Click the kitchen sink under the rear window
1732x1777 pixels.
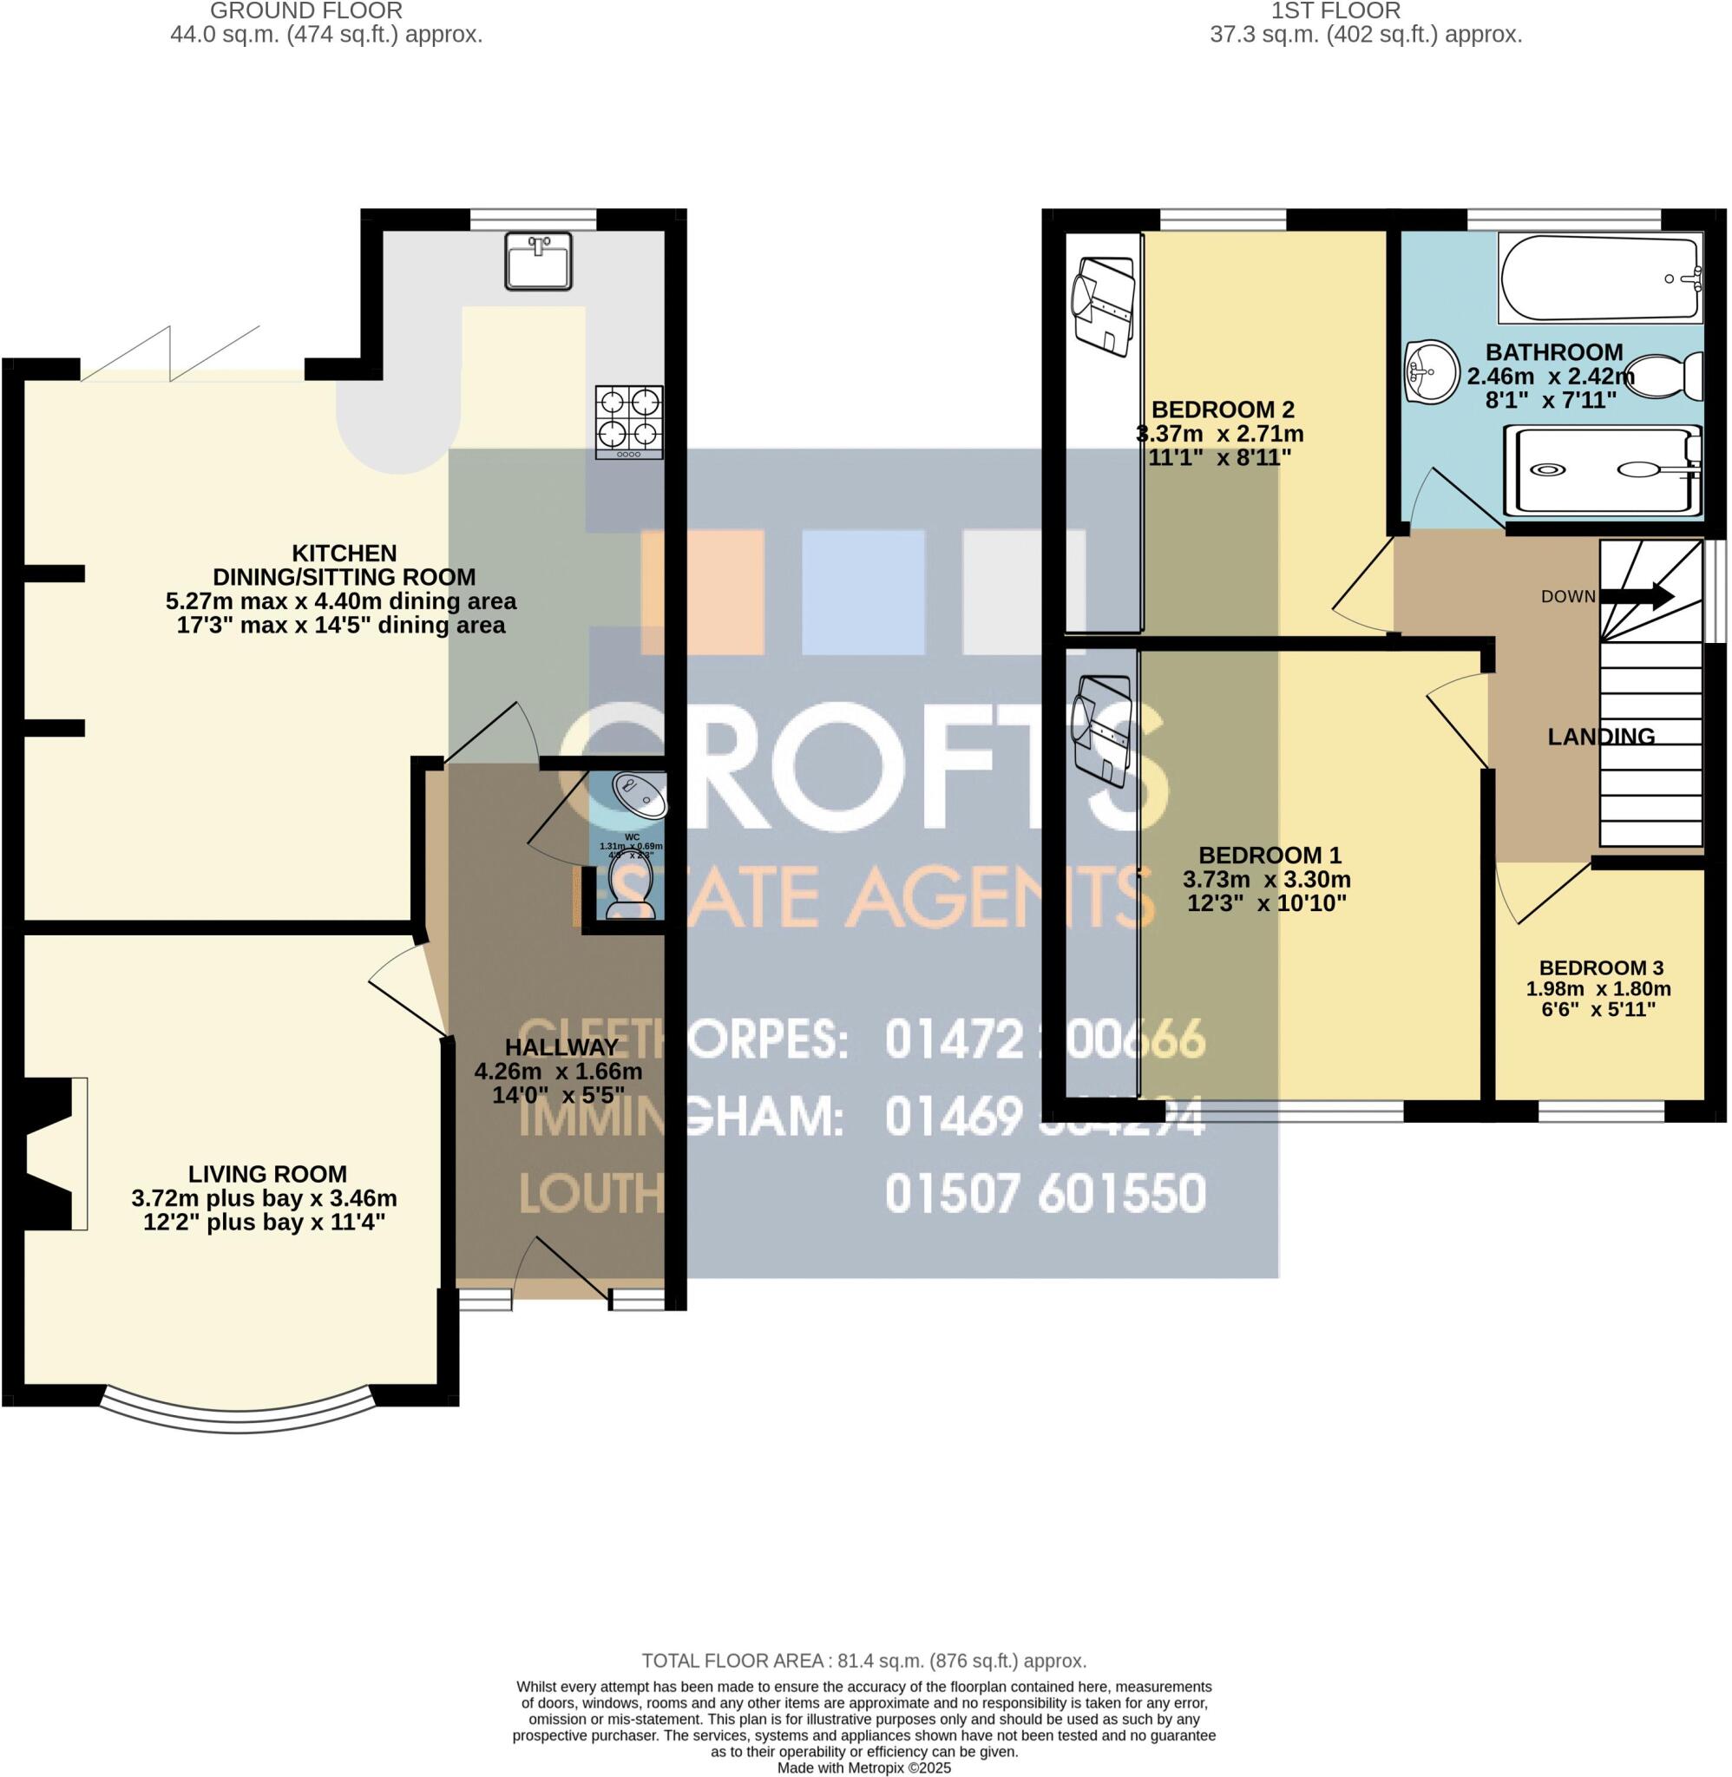pyautogui.click(x=538, y=261)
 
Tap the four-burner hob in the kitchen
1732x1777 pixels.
pyautogui.click(x=628, y=422)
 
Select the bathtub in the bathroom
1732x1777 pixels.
pyautogui.click(x=1598, y=279)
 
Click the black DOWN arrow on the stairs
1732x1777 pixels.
pyautogui.click(x=1637, y=597)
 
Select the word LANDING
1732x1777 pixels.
pyautogui.click(x=1601, y=737)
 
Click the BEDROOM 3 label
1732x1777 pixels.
pyautogui.click(x=1601, y=967)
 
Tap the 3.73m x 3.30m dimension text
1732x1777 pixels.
pyautogui.click(x=1266, y=880)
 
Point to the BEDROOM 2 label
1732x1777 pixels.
pyautogui.click(x=1222, y=410)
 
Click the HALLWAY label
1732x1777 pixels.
pyautogui.click(x=561, y=1046)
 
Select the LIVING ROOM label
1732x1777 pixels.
pyautogui.click(x=267, y=1174)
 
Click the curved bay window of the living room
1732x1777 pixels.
pyautogui.click(x=237, y=1407)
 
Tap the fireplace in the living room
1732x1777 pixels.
pyautogui.click(x=50, y=1153)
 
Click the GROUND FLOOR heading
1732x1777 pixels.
pyautogui.click(x=305, y=11)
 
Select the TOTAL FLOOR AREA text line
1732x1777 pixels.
pyautogui.click(x=864, y=1661)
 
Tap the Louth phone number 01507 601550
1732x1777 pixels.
pyautogui.click(x=1046, y=1194)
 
